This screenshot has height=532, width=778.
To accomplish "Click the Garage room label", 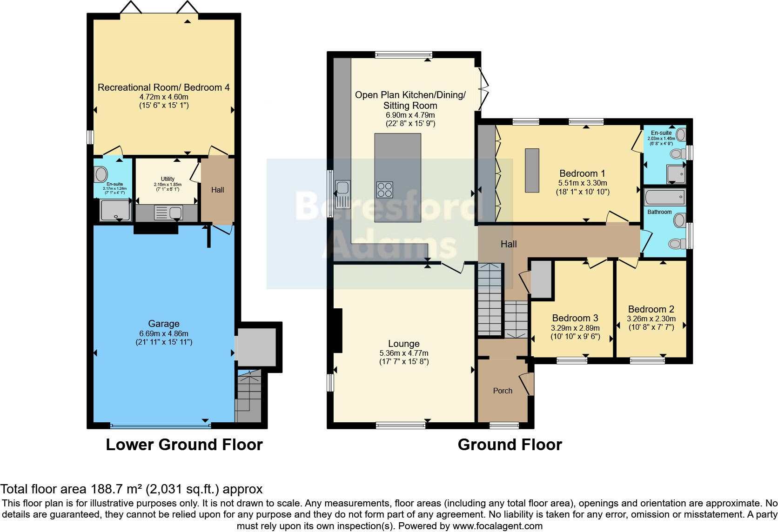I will coord(164,324).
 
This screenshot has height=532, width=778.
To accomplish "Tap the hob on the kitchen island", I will coord(384,190).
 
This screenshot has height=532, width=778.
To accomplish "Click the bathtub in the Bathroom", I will coord(664,198).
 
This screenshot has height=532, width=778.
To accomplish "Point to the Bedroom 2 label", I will coord(651,309).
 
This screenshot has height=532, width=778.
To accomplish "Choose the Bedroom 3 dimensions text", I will coord(575,332).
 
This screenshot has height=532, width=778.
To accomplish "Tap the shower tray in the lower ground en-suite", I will coord(115,210).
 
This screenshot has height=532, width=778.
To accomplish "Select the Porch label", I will coord(503,391).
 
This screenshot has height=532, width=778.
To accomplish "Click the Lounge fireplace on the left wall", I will coord(338,331).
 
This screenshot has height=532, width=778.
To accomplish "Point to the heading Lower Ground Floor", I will coord(184,445).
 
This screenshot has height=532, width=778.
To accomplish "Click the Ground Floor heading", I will coord(510,445).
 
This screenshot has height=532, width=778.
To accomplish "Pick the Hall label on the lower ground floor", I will coord(217,190).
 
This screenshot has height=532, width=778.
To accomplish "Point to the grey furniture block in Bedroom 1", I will coord(532,170).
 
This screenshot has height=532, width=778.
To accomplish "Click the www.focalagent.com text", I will coord(497,526).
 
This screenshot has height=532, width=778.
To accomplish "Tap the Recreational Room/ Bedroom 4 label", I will coord(164,87).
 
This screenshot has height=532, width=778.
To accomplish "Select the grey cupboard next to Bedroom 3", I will coord(541,279).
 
